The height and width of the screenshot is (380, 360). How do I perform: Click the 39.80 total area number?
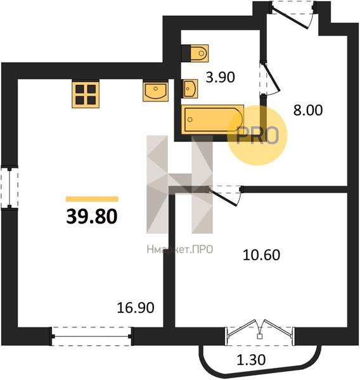[92, 216]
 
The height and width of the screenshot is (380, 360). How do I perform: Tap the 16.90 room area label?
[136, 308]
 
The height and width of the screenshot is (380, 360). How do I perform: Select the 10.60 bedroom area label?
[261, 255]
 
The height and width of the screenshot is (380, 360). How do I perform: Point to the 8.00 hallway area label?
[308, 110]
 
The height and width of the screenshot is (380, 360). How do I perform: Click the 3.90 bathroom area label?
[221, 77]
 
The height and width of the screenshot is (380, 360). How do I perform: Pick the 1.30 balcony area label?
[251, 360]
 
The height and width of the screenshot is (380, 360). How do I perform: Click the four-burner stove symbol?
[86, 94]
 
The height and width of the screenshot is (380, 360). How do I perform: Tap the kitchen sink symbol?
[155, 92]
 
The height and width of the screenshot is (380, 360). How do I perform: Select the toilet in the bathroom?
[195, 53]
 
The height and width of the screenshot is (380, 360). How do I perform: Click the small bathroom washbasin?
[190, 89]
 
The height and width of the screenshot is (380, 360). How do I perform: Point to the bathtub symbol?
[212, 119]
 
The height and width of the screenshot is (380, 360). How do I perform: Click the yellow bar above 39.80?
[92, 199]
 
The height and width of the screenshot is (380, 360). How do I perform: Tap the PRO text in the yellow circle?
[257, 136]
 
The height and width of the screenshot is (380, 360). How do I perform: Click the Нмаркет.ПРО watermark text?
[180, 250]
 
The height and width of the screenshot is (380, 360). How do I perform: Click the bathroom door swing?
[272, 80]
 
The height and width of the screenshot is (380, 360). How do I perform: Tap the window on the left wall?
[10, 187]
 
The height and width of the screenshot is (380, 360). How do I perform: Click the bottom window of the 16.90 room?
[92, 336]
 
